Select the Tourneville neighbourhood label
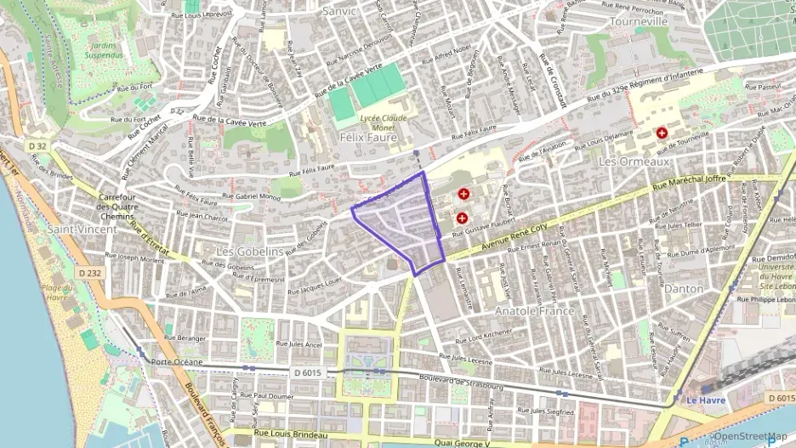pos(639,21)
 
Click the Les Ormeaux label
pos(634,161)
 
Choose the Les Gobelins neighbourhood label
pos(249,252)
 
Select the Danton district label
pos(685,289)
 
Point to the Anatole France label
pos(535,311)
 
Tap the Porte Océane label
pos(177,362)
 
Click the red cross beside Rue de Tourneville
pos(662,133)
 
